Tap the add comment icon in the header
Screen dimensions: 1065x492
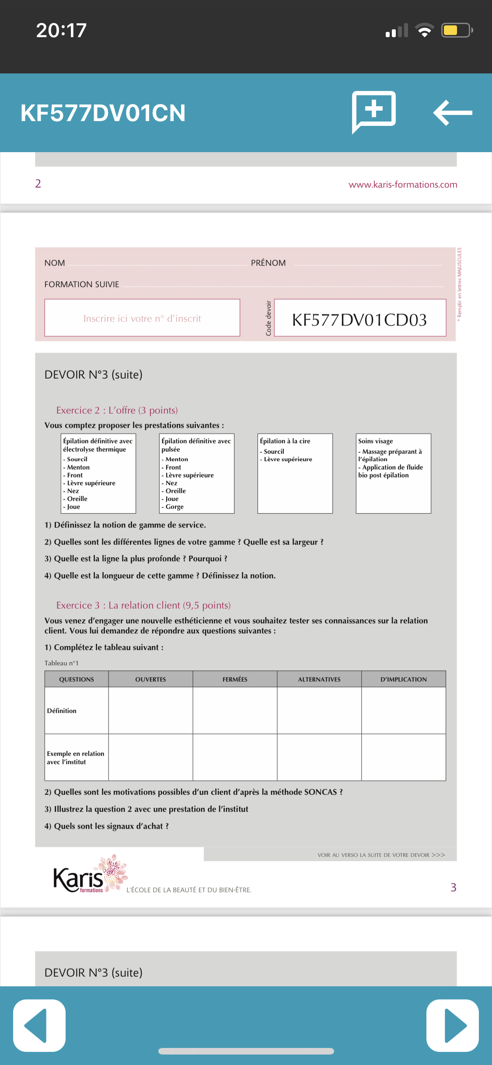374,111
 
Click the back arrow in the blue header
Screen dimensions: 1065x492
453,113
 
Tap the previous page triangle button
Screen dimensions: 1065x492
39,1025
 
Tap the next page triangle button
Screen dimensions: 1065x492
453,1025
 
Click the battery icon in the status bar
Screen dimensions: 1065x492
457,31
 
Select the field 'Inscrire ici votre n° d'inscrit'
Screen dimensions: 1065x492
142,318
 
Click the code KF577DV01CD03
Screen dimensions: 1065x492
359,320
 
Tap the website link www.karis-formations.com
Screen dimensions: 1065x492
403,184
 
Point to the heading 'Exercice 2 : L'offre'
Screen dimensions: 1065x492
117,410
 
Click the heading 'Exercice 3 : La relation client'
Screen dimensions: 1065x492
143,605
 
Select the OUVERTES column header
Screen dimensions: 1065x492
150,679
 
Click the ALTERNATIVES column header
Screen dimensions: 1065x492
319,679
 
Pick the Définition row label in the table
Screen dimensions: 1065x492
62,711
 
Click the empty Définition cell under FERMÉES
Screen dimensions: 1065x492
235,710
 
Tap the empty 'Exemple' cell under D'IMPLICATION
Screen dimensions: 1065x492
403,757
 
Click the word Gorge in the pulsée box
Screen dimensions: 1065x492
174,507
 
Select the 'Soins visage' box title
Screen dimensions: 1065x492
376,441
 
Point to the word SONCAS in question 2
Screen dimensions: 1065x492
320,792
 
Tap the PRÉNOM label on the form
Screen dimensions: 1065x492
268,263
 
